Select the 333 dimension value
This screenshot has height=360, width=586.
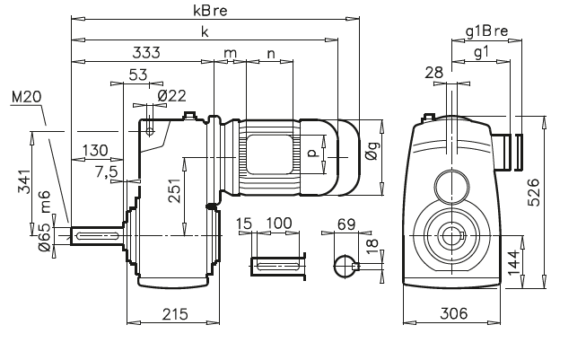tap(146, 52)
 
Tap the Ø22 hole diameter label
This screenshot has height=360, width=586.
tap(171, 96)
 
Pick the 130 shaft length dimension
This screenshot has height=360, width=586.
tap(94, 150)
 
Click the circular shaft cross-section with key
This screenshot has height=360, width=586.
tap(345, 265)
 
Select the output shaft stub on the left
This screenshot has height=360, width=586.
tap(97, 234)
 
